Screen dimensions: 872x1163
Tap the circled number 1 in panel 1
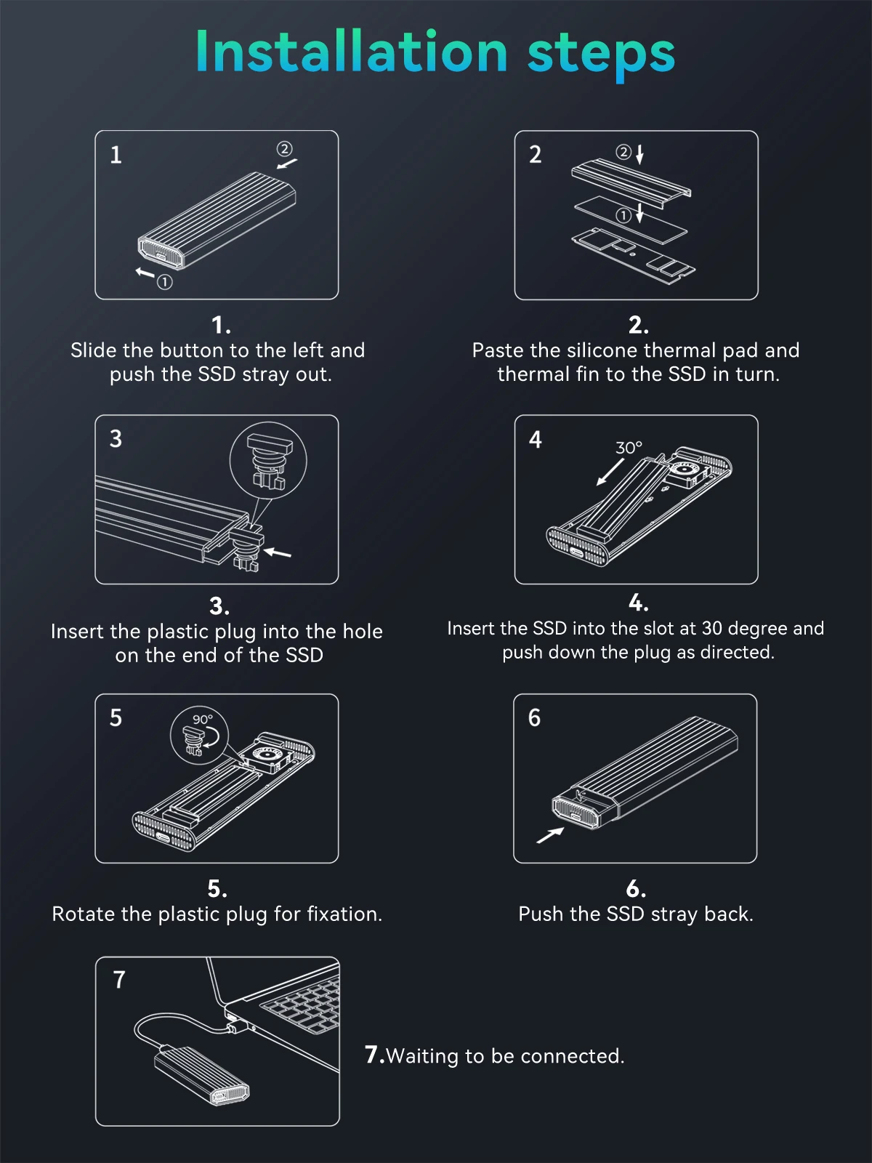(165, 283)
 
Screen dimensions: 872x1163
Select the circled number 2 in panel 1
(284, 149)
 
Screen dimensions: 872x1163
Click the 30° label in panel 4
(629, 448)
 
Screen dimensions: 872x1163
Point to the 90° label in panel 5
(202, 719)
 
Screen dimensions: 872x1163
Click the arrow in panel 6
(550, 835)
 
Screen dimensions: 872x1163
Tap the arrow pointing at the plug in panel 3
(278, 552)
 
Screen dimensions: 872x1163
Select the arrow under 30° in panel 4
(610, 472)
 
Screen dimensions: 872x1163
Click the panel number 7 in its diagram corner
(119, 980)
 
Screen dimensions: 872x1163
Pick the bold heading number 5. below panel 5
(217, 888)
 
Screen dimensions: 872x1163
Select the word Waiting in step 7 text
(422, 1056)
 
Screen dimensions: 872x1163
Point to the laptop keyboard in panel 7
(302, 1007)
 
